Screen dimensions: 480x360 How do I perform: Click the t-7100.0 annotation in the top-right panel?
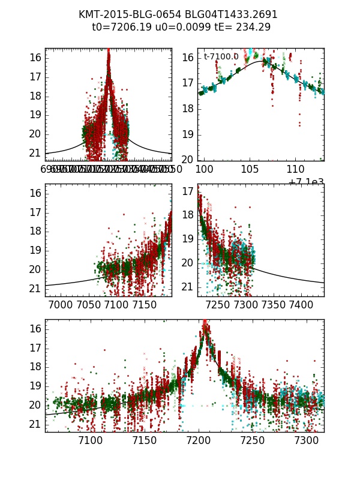(x=221, y=57)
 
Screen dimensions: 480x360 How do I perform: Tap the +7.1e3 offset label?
(x=306, y=182)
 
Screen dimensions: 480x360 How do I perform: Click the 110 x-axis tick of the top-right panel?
(x=295, y=170)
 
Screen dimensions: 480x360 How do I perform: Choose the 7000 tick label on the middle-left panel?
(x=62, y=305)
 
